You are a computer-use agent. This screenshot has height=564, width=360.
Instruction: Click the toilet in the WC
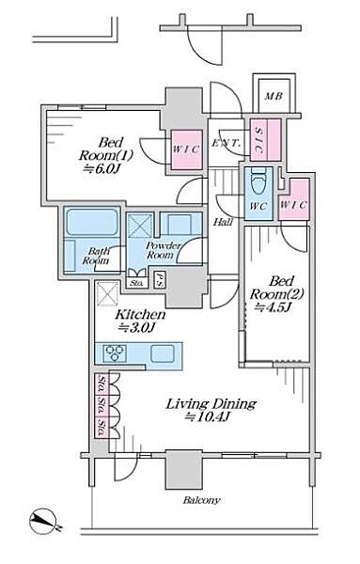[258, 181]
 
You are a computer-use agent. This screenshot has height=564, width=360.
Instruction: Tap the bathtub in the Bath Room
[93, 222]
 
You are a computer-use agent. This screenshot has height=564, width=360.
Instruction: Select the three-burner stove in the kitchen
[115, 352]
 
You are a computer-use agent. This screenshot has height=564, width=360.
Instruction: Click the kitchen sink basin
[163, 352]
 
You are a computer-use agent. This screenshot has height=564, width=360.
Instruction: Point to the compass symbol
[43, 521]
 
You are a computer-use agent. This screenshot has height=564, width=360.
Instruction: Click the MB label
[274, 96]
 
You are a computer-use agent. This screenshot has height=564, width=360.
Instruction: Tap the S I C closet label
[258, 140]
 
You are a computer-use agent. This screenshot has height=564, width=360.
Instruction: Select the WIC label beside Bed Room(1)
[185, 149]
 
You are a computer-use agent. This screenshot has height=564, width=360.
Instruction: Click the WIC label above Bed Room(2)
[293, 205]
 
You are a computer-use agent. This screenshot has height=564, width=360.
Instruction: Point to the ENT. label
[226, 143]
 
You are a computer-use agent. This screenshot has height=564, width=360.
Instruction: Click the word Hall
[223, 222]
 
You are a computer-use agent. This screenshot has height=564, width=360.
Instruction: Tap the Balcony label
[201, 500]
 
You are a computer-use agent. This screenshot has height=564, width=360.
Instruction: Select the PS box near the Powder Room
[158, 279]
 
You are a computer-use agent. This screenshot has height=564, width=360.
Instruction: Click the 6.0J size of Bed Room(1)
[102, 168]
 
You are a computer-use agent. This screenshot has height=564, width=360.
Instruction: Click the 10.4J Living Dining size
[208, 416]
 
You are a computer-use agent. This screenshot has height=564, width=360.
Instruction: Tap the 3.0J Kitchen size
[137, 327]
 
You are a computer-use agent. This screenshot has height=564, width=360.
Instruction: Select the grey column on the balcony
[183, 469]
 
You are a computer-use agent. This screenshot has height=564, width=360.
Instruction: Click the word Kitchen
[140, 315]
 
